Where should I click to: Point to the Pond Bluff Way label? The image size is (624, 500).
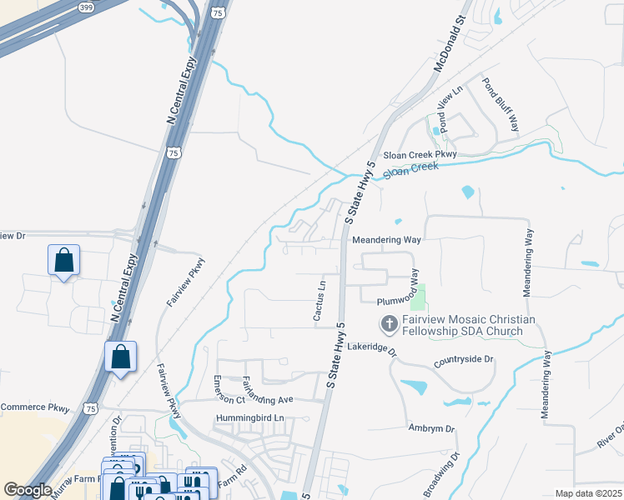(501, 105)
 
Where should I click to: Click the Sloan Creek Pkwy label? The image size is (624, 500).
(421, 155)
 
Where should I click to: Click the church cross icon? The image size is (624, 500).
(388, 323)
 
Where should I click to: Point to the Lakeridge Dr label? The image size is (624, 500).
(372, 347)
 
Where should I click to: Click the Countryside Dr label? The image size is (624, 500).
(464, 360)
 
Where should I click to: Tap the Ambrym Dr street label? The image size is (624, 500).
(431, 428)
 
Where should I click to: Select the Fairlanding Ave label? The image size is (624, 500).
(268, 393)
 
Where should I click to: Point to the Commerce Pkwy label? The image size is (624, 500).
(34, 407)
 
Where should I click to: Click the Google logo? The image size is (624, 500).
(28, 490)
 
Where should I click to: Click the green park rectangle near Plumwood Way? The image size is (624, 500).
(418, 297)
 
